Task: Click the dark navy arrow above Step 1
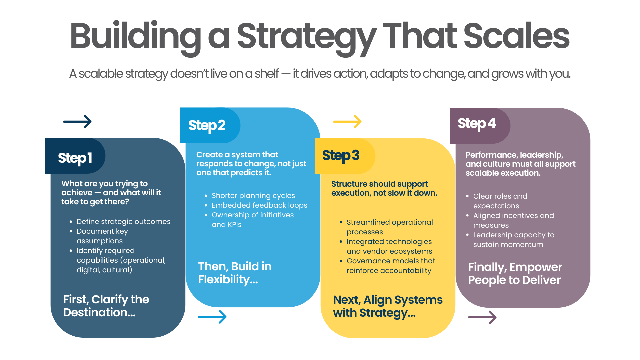[77, 122]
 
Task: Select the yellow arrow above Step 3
[347, 122]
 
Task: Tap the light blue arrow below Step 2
[212, 317]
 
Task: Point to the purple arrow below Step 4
[482, 317]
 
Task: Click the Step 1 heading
[75, 158]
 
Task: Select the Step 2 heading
[207, 126]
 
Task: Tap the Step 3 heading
[341, 156]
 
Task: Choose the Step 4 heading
[477, 124]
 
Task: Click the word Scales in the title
[516, 36]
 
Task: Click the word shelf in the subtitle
[267, 74]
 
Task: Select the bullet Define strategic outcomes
[123, 222]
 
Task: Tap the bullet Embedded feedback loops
[259, 205]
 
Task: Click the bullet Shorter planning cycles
[253, 196]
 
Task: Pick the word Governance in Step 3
[366, 261]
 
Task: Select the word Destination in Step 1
[95, 313]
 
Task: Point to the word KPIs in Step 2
[234, 225]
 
